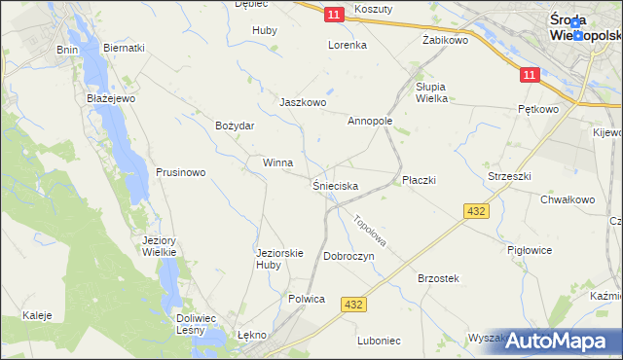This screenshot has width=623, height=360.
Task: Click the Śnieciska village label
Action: pos(335,185)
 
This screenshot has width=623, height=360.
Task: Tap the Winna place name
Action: pos(277,162)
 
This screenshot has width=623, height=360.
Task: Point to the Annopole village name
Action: pos(369,122)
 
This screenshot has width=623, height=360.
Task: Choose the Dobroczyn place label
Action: pos(349,255)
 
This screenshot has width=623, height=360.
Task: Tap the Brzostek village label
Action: pos(437,278)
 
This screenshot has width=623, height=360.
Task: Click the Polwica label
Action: pos(306,299)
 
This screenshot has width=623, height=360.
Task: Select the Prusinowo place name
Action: pos(180,172)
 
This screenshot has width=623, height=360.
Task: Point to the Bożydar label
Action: pos(235,126)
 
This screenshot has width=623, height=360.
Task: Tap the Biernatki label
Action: pos(124,48)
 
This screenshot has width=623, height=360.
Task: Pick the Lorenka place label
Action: pos(347,45)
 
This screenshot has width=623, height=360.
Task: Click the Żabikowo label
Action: pos(445,40)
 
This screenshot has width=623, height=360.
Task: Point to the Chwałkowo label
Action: pos(567,199)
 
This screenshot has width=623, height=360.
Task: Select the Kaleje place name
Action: pos(37,315)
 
